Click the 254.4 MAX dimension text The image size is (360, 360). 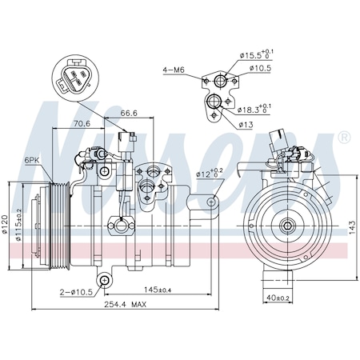[120, 304]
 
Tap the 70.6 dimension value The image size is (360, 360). [81, 125]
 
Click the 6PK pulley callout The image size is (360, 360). [32, 160]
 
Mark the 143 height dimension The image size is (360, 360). [352, 226]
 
